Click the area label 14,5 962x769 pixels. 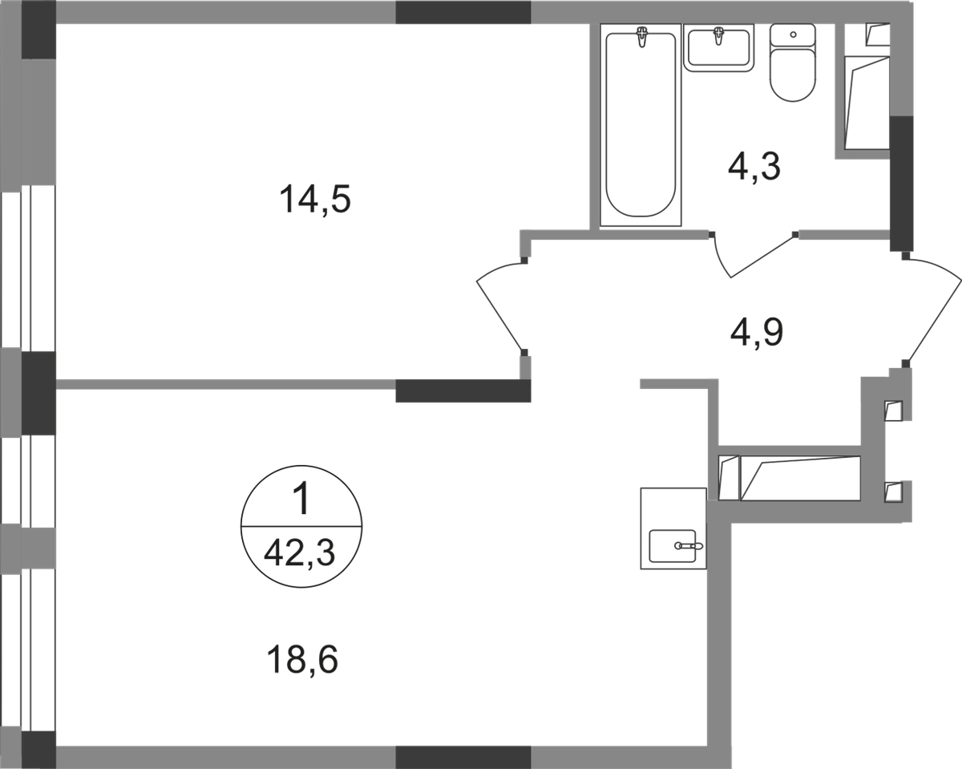[x=315, y=200]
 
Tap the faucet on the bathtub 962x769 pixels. [x=641, y=36]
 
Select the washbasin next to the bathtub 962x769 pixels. [x=719, y=47]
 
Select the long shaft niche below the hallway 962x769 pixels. [x=790, y=479]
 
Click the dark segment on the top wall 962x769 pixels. [x=463, y=11]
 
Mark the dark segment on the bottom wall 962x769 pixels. [x=463, y=756]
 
